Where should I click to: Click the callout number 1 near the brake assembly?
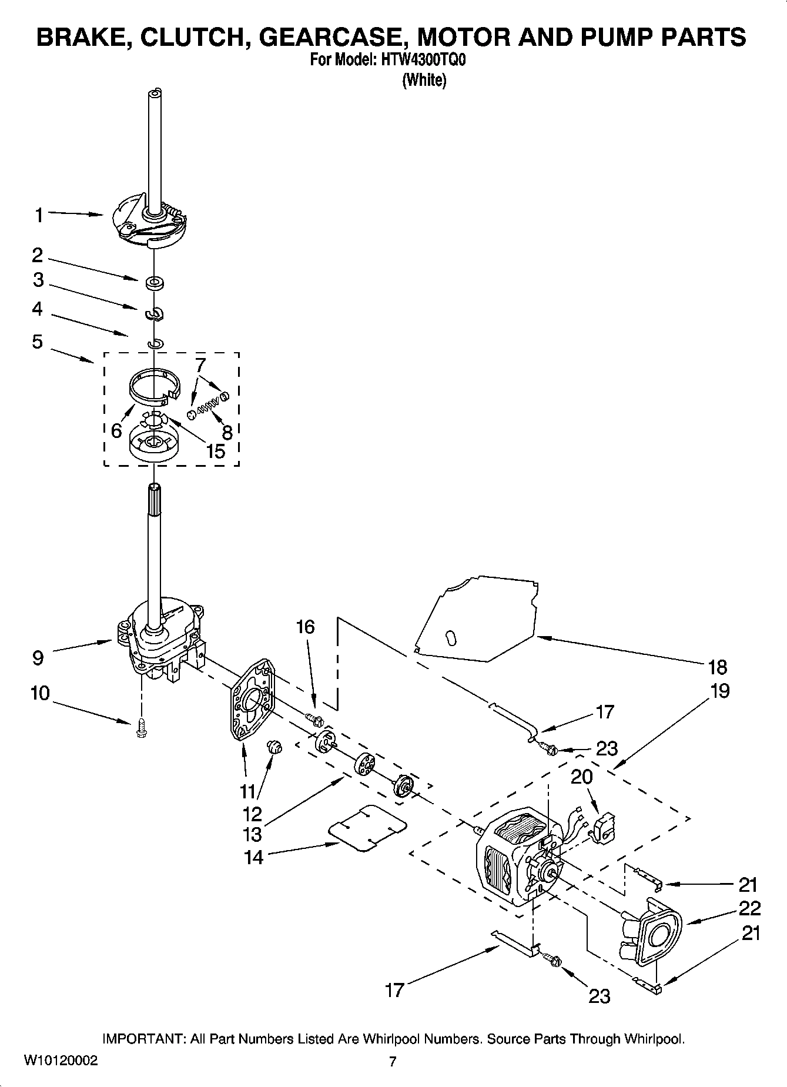point(39,216)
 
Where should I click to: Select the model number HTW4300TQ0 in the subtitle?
point(423,61)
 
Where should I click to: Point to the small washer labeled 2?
point(155,283)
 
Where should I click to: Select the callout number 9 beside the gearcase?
point(38,657)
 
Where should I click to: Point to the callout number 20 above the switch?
point(582,777)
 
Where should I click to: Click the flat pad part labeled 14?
point(367,827)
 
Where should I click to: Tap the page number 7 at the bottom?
point(393,1061)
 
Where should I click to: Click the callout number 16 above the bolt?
point(306,627)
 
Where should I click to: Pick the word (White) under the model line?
point(424,80)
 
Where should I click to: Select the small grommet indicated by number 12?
point(274,747)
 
